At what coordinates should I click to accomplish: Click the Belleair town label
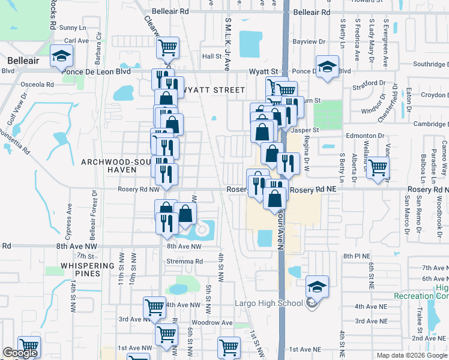23,60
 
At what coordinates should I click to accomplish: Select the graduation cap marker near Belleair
61,57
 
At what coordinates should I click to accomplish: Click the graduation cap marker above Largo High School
316,287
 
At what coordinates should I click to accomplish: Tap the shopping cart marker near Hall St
169,47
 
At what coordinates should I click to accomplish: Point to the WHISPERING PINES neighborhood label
88,269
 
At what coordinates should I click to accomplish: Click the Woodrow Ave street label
217,323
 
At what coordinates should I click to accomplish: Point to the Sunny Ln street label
73,28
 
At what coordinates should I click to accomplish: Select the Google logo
20,353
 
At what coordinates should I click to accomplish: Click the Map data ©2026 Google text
411,355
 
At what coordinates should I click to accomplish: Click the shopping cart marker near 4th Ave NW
154,307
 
